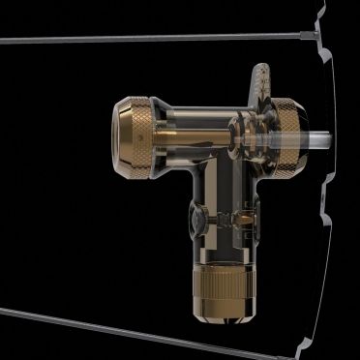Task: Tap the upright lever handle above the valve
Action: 257,83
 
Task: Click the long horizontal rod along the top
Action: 145,39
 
